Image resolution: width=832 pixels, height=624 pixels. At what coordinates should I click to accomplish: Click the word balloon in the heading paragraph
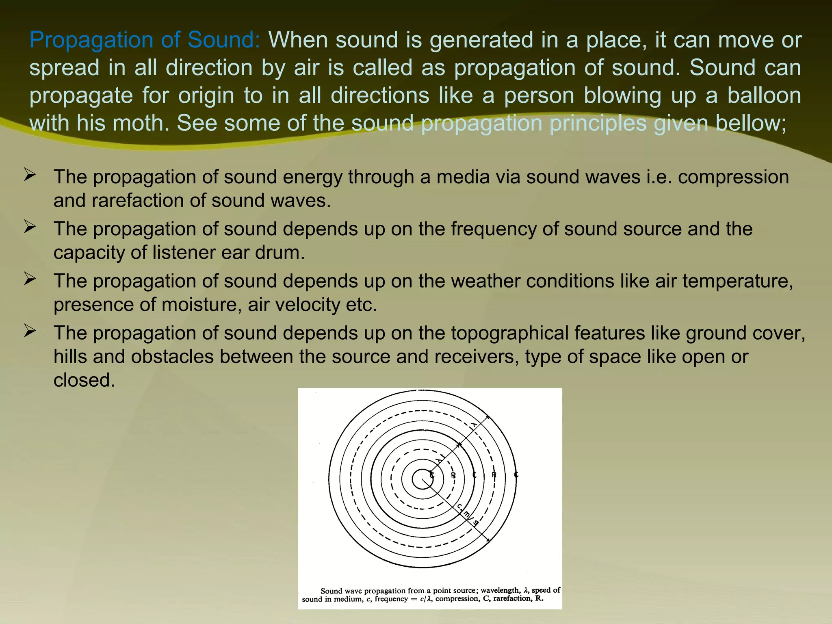coord(764,96)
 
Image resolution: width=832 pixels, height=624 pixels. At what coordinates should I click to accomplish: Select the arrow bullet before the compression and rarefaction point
coord(30,175)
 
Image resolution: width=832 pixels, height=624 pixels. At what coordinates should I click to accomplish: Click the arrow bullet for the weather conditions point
coord(30,279)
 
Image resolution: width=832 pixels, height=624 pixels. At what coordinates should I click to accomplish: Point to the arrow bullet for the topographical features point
coord(30,331)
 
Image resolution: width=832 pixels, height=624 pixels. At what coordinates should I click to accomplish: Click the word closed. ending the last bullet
coord(84,380)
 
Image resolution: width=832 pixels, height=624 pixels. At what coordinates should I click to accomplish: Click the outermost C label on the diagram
coord(516,475)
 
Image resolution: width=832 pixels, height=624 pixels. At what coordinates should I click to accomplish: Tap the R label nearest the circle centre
coord(453,475)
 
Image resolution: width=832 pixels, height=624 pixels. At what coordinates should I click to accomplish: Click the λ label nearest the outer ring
coord(474,425)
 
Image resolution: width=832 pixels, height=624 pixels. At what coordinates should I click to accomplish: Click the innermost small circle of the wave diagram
coord(422,479)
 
